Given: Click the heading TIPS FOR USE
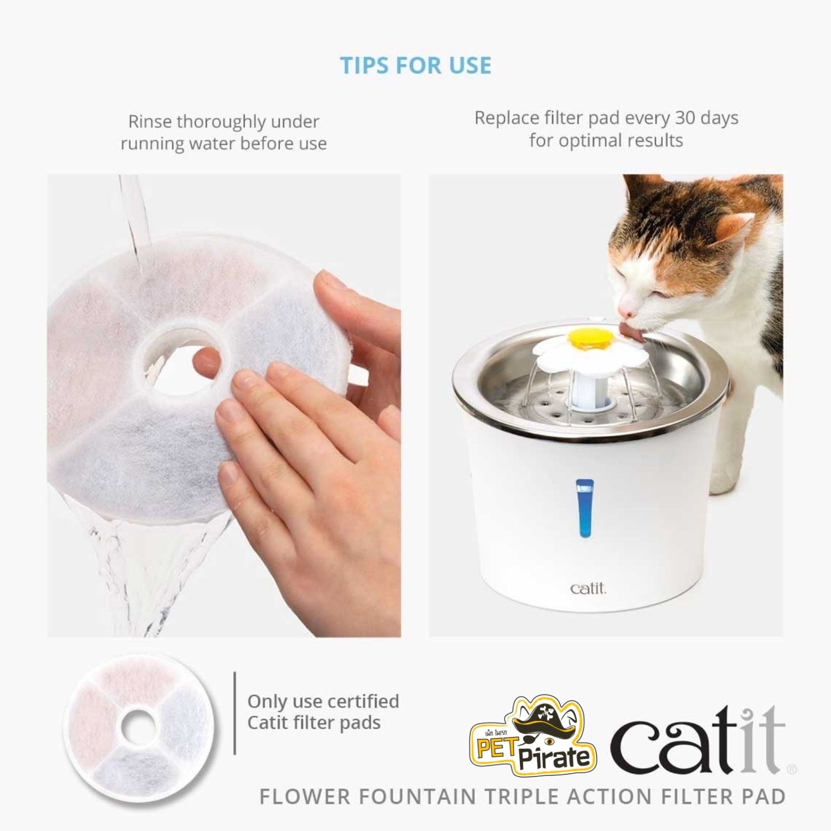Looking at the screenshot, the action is (415, 65).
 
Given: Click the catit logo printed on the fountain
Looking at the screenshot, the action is (588, 588).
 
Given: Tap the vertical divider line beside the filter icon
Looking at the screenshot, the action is (235, 713).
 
